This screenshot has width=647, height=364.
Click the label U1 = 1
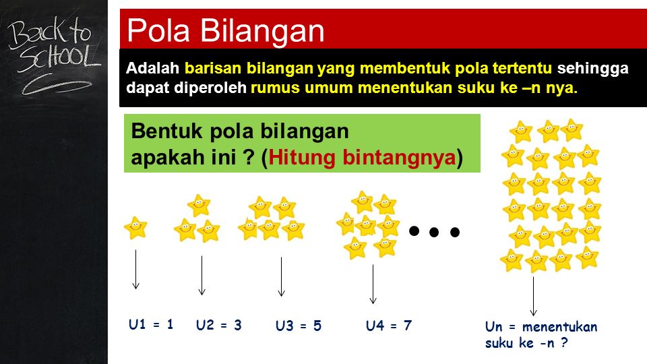point(151,324)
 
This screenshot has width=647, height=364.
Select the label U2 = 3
point(218,325)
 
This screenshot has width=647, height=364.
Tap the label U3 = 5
point(299,326)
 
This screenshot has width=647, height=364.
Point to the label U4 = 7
point(389,326)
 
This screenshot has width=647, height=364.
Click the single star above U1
point(135,228)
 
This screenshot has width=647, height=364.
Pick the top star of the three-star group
point(199,205)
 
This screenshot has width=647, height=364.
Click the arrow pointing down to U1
point(135,270)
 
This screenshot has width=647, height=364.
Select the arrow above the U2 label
point(202,276)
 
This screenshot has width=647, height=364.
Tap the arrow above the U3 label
point(282,277)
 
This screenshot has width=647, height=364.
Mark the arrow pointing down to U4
point(373,284)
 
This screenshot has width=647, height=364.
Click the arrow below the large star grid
point(533,297)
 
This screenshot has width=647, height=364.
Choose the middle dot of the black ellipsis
point(434,233)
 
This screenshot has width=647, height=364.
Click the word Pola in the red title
point(158,30)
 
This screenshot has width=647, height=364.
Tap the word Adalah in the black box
point(152,68)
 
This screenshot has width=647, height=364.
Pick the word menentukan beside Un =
point(560,327)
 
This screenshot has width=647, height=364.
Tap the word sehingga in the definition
point(593,69)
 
